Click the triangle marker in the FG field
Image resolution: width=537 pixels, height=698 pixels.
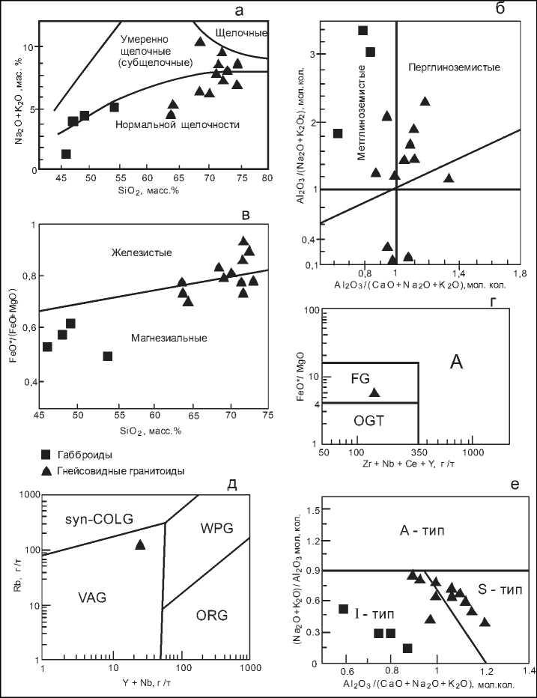(374, 392)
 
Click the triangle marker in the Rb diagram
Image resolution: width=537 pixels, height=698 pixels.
(140, 544)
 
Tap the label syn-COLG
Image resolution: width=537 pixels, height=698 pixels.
(82, 520)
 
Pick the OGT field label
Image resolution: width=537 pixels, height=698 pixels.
(370, 422)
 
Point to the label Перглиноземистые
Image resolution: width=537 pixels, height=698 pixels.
(454, 68)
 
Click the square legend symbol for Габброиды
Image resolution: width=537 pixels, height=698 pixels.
(46, 454)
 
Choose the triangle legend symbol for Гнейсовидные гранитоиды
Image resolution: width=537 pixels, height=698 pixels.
(46, 470)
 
